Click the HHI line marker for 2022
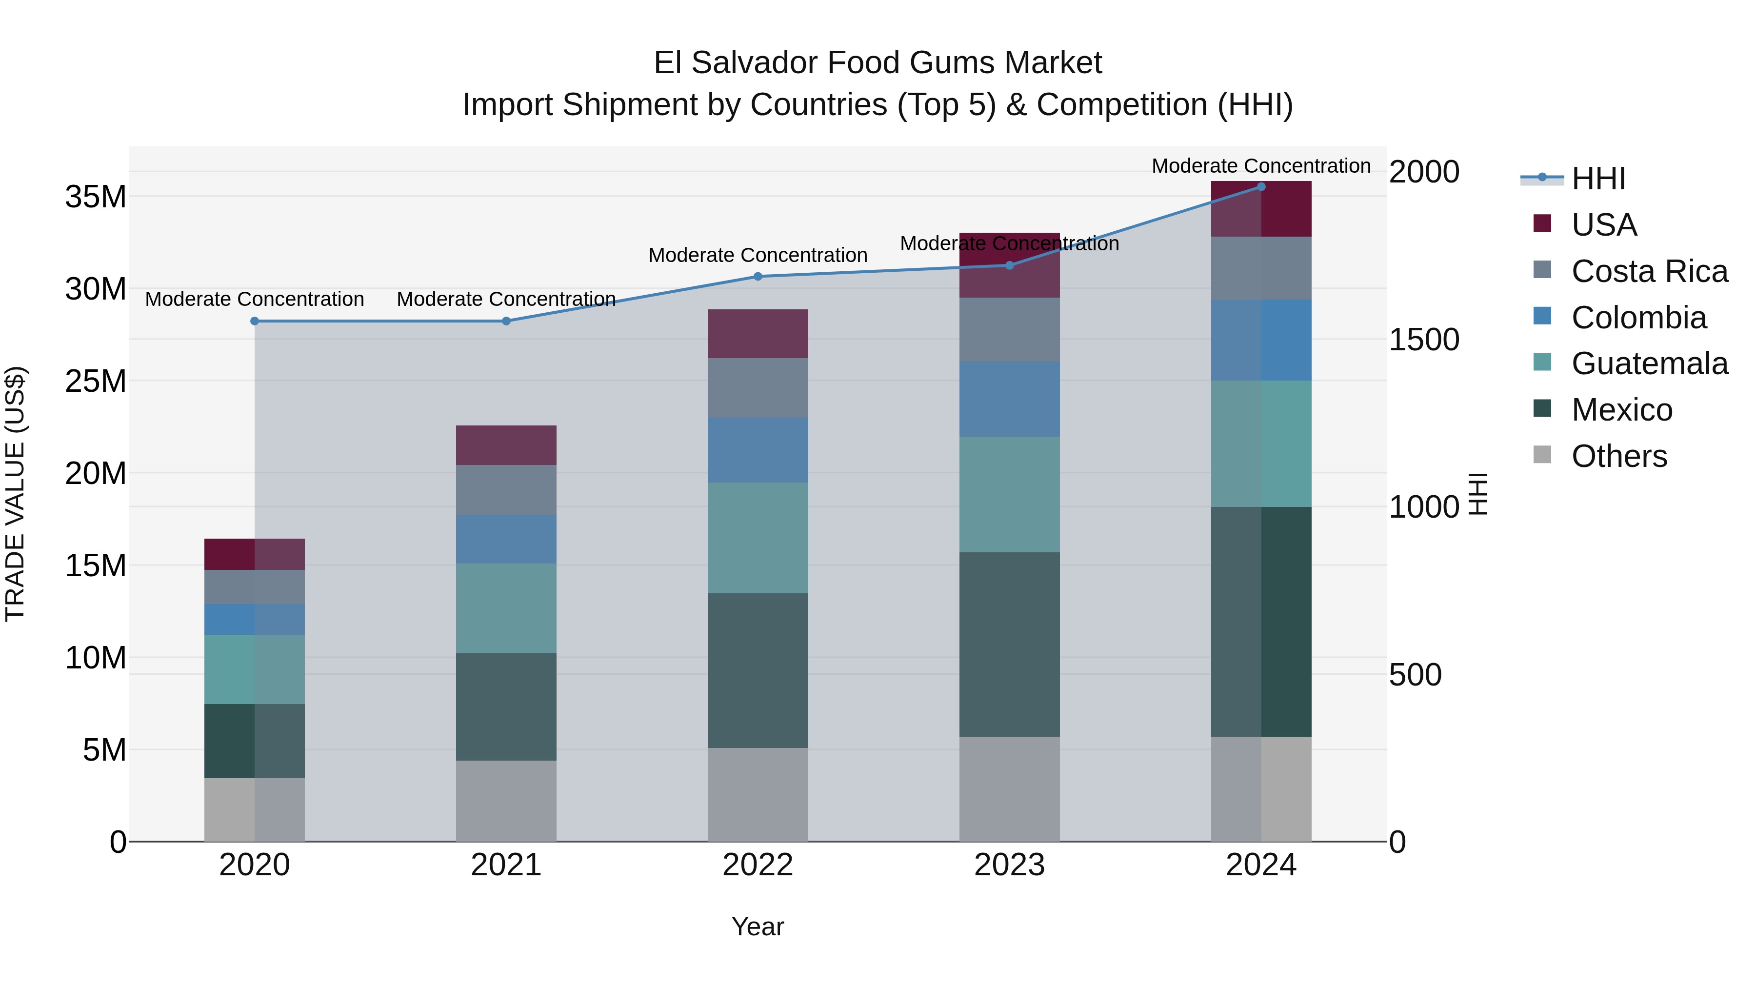pyautogui.click(x=758, y=276)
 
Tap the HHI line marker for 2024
pyautogui.click(x=1260, y=187)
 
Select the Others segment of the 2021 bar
pyautogui.click(x=506, y=801)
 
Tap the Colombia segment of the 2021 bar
pyautogui.click(x=506, y=539)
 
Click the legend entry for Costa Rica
pyautogui.click(x=1649, y=271)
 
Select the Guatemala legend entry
pyautogui.click(x=1649, y=363)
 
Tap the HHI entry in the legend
pyautogui.click(x=1598, y=179)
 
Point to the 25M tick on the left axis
pyautogui.click(x=96, y=381)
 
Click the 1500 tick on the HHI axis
pyautogui.click(x=1424, y=340)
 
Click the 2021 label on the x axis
pyautogui.click(x=506, y=865)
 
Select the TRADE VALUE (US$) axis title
pyautogui.click(x=15, y=494)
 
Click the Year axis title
pyautogui.click(x=758, y=927)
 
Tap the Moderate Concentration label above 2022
pyautogui.click(x=758, y=255)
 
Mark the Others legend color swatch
pyautogui.click(x=1542, y=455)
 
